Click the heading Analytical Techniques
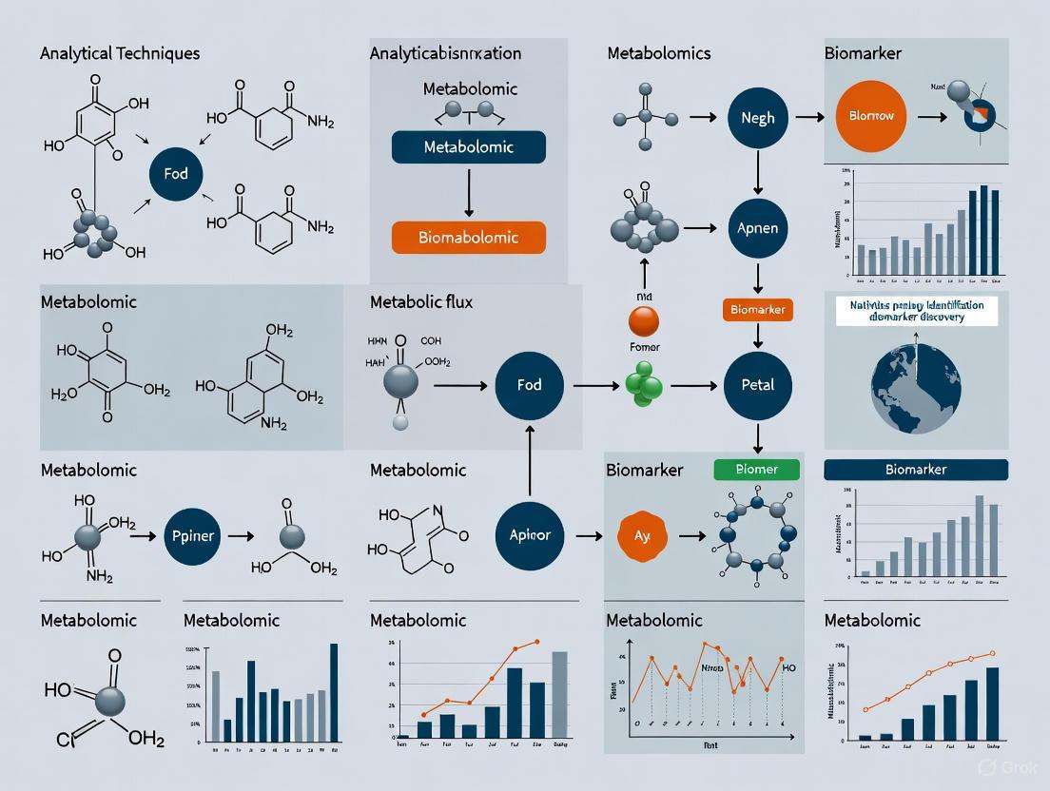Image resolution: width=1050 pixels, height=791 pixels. pos(120,53)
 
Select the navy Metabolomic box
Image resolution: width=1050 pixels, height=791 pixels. pos(468,147)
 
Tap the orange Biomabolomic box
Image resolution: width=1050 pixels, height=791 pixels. pos(468,237)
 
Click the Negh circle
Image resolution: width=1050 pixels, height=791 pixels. pos(757,118)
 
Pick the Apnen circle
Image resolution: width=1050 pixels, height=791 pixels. pos(757,229)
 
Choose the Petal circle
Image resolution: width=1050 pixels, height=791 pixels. pos(757,385)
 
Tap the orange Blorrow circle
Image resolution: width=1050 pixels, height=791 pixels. pos(870,116)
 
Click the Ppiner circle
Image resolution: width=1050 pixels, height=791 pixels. pos(194,536)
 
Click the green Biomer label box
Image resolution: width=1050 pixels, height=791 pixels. pos(756,469)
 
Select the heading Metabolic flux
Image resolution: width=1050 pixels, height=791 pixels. pos(420,302)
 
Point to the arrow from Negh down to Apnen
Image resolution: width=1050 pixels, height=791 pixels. pos(757,173)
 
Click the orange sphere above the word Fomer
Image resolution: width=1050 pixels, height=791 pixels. pos(644,321)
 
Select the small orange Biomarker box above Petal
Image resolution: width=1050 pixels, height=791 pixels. pos(757,310)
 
